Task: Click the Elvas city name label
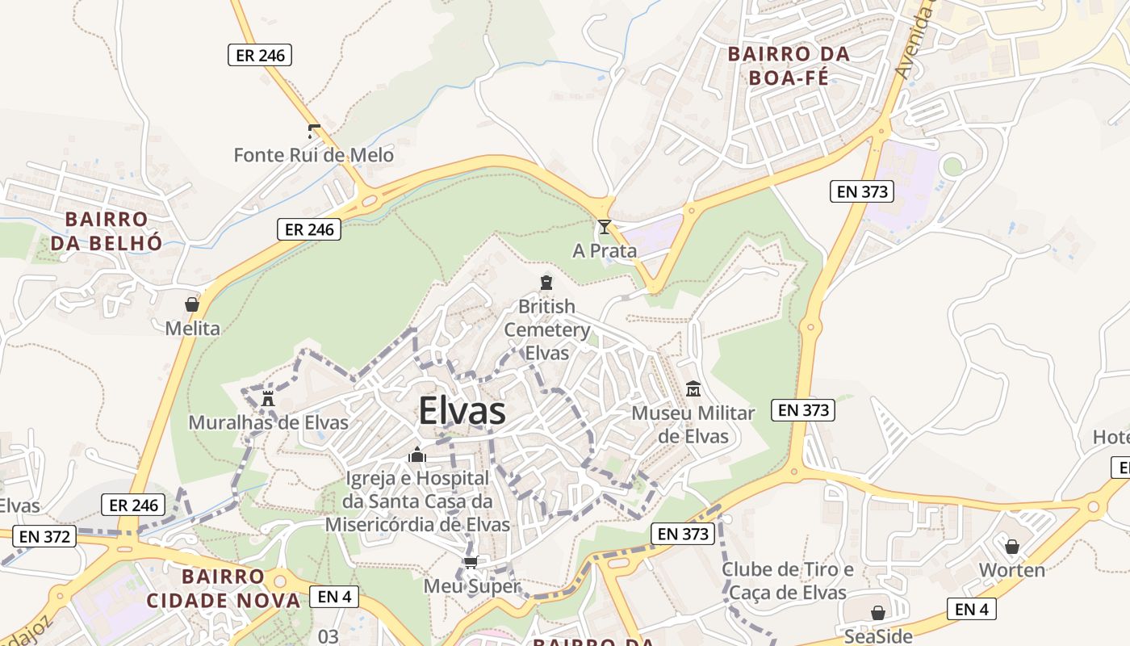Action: click(462, 412)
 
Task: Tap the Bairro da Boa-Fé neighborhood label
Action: click(789, 66)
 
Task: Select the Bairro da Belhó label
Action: click(107, 231)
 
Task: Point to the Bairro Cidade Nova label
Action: click(223, 589)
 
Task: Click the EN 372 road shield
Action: click(47, 535)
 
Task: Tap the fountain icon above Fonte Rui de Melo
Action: click(314, 132)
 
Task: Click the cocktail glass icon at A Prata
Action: click(604, 227)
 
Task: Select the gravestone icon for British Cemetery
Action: click(546, 283)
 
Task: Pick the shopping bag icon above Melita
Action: click(192, 304)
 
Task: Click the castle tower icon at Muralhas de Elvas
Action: click(268, 398)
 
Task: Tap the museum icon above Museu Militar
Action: click(693, 389)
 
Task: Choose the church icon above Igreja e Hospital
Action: click(417, 455)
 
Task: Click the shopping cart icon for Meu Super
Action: click(471, 562)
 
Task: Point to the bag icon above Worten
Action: click(1012, 547)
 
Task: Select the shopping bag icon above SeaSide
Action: click(878, 613)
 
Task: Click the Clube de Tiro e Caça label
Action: click(787, 581)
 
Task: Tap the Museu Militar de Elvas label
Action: click(693, 425)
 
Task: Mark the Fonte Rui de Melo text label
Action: click(314, 155)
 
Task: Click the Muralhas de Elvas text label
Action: click(268, 422)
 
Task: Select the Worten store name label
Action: click(1012, 570)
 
